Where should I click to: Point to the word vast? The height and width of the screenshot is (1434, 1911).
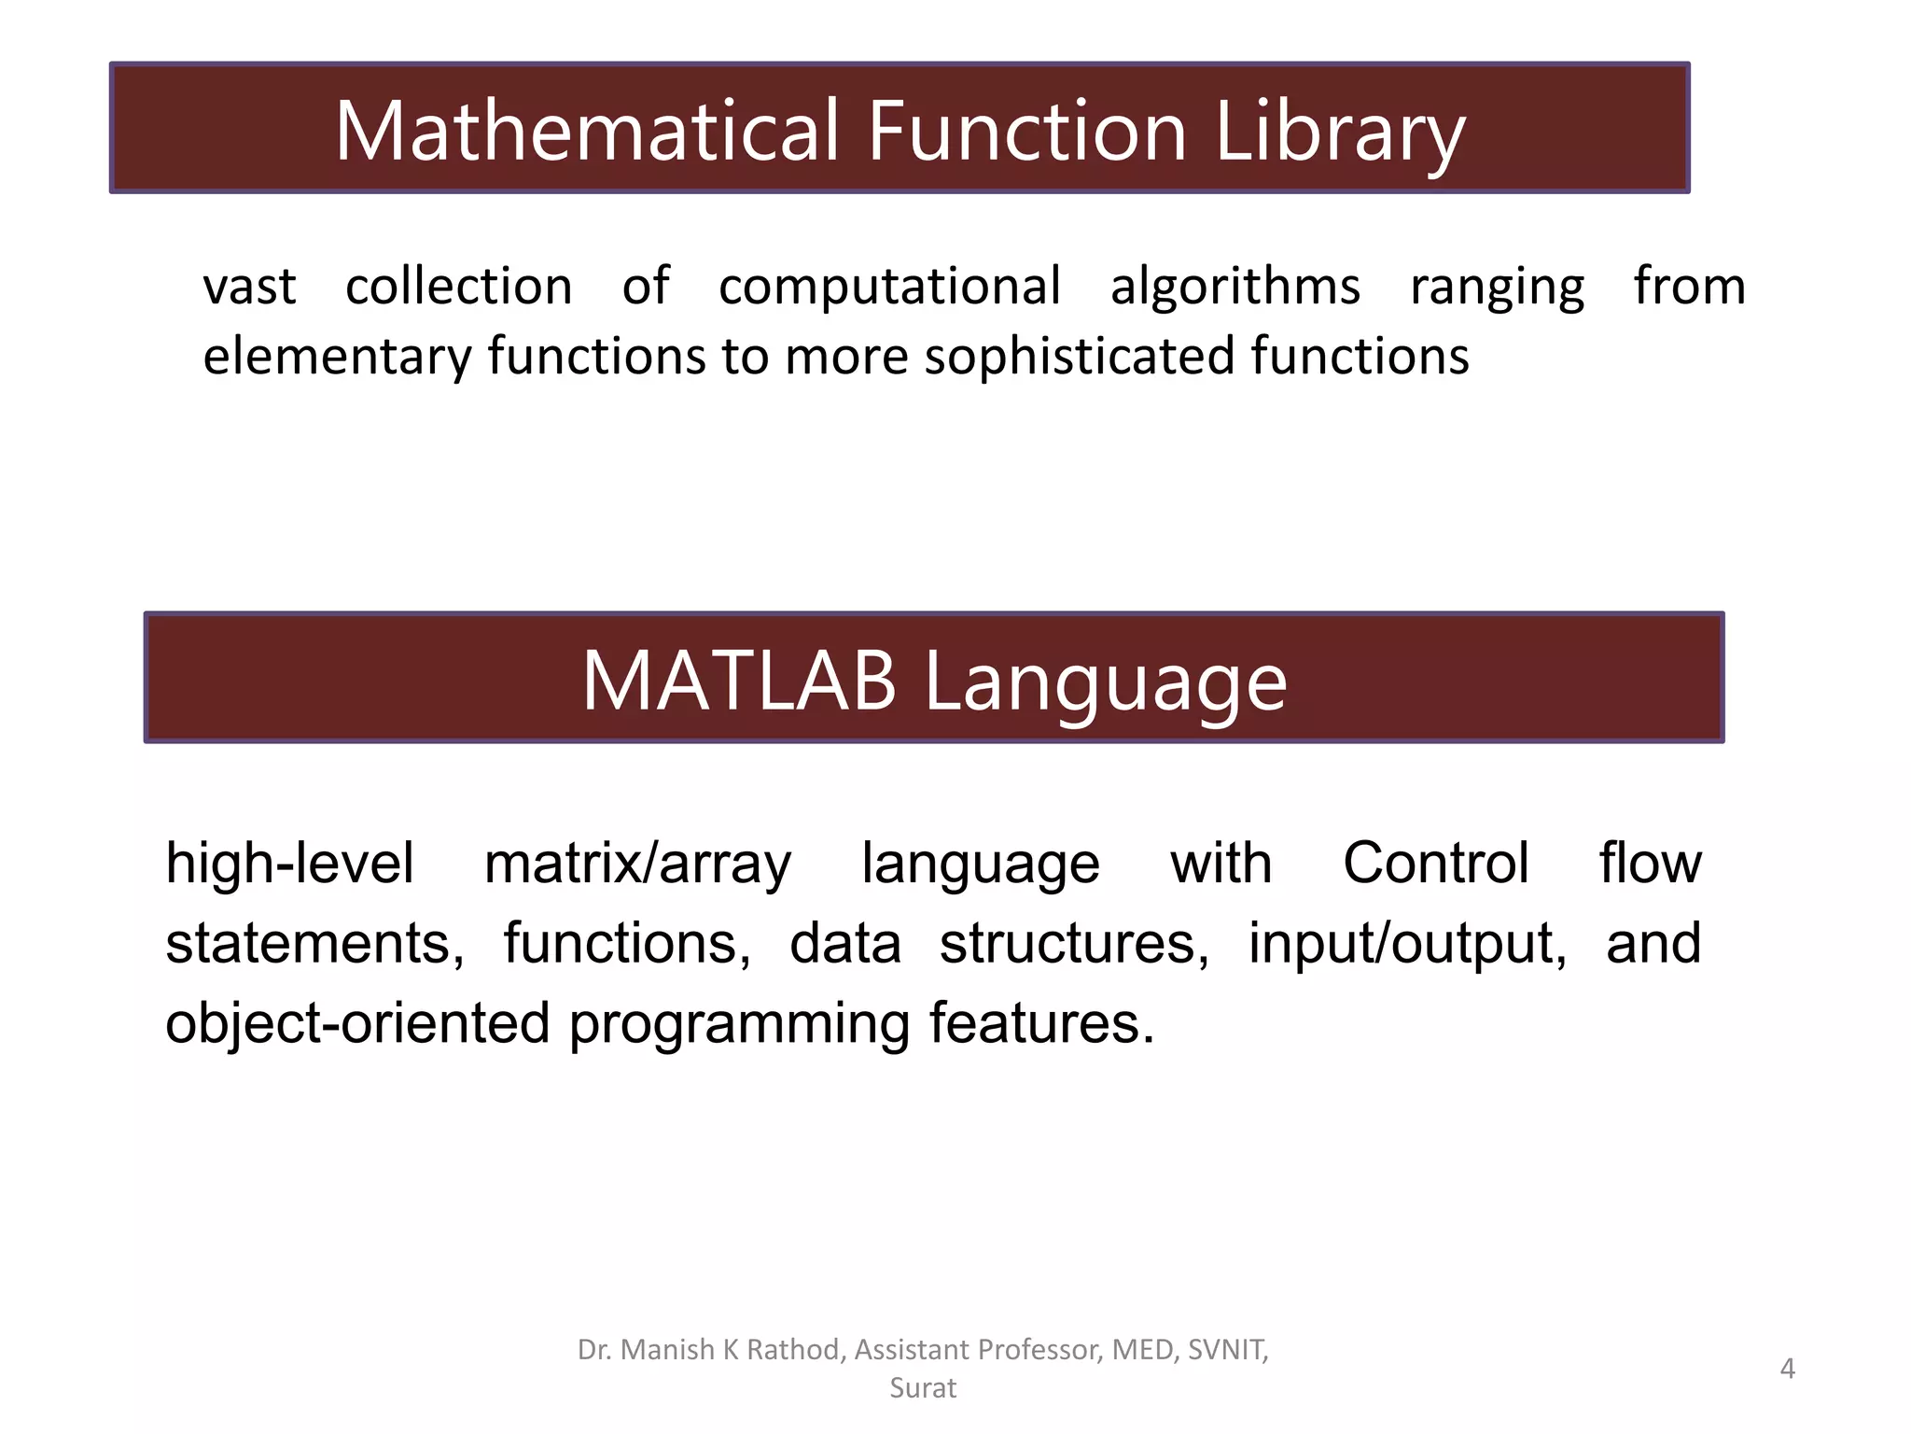tap(249, 286)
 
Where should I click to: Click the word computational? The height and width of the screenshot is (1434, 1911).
tap(889, 286)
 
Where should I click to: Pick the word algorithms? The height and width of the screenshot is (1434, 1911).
tap(1234, 286)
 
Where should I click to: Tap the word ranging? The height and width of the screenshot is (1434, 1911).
tap(1497, 288)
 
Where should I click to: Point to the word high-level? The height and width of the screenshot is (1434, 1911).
tap(289, 863)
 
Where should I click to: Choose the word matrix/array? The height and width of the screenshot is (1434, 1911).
tap(637, 865)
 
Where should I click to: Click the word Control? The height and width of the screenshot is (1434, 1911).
tap(1435, 863)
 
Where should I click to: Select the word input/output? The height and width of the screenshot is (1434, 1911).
tap(1407, 944)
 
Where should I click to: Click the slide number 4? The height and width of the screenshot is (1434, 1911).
tap(1787, 1369)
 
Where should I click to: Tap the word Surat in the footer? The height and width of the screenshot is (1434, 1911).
tap(923, 1388)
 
